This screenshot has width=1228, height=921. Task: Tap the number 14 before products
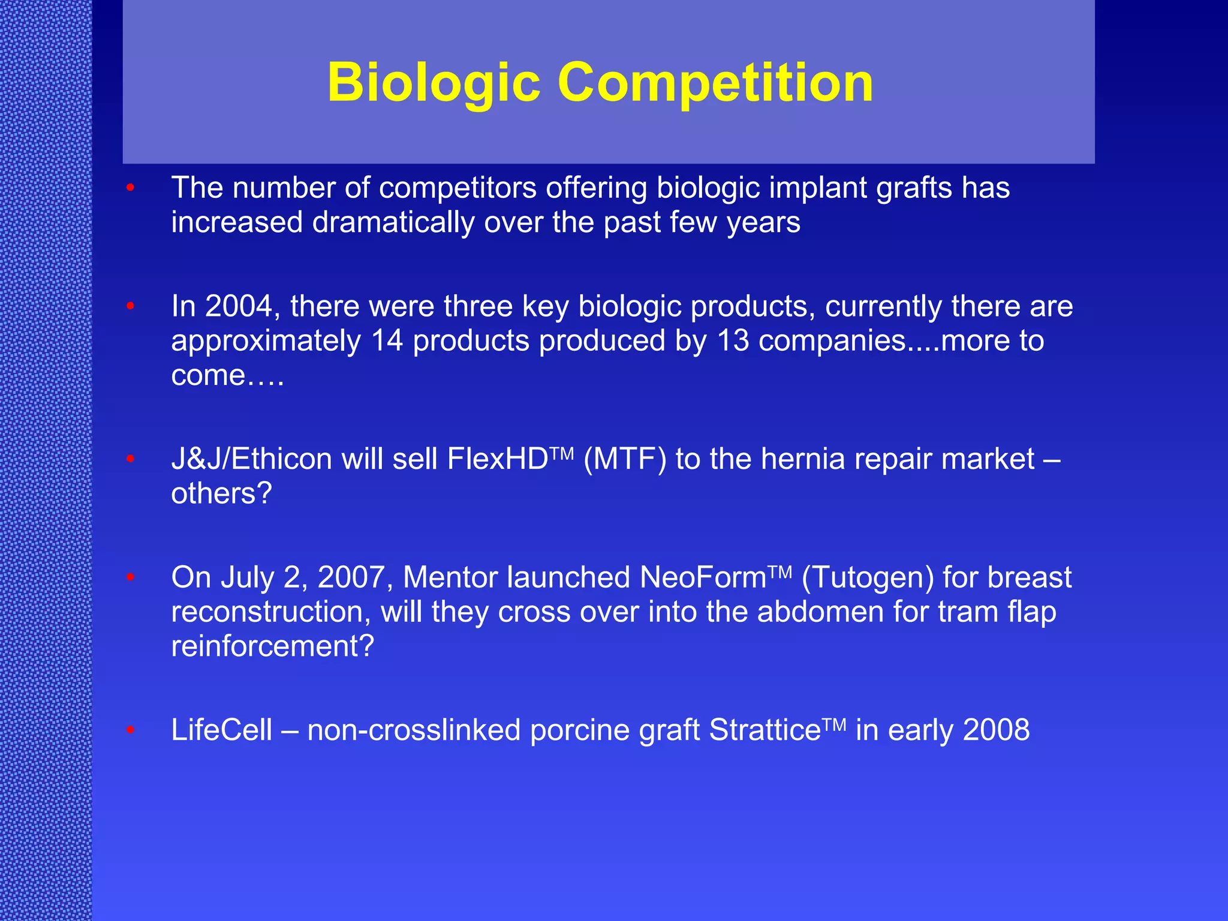point(387,341)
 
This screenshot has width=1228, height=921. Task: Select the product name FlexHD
point(498,459)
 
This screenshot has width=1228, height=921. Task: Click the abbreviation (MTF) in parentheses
point(624,459)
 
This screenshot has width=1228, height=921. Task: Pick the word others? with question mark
point(221,493)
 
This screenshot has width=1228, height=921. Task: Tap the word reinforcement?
point(272,646)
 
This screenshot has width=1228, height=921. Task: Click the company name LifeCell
point(221,730)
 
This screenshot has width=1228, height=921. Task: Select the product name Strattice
point(765,730)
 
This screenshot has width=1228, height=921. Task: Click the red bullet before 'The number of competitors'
point(130,188)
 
